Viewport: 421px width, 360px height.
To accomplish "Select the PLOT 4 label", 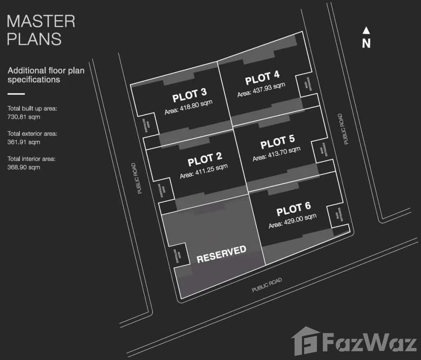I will (262, 78).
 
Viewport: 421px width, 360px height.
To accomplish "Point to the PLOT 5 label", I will (278, 142).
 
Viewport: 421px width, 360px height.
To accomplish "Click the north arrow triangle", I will (366, 30).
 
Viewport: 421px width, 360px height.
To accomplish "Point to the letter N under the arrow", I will (366, 43).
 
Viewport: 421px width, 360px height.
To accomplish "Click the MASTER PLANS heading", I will (41, 30).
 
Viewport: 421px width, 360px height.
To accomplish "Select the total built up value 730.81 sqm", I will (23, 117).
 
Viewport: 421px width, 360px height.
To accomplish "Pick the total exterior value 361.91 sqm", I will (24, 142).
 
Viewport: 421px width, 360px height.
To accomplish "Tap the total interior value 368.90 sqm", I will (24, 167).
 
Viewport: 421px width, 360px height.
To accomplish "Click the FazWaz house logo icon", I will (305, 341).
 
